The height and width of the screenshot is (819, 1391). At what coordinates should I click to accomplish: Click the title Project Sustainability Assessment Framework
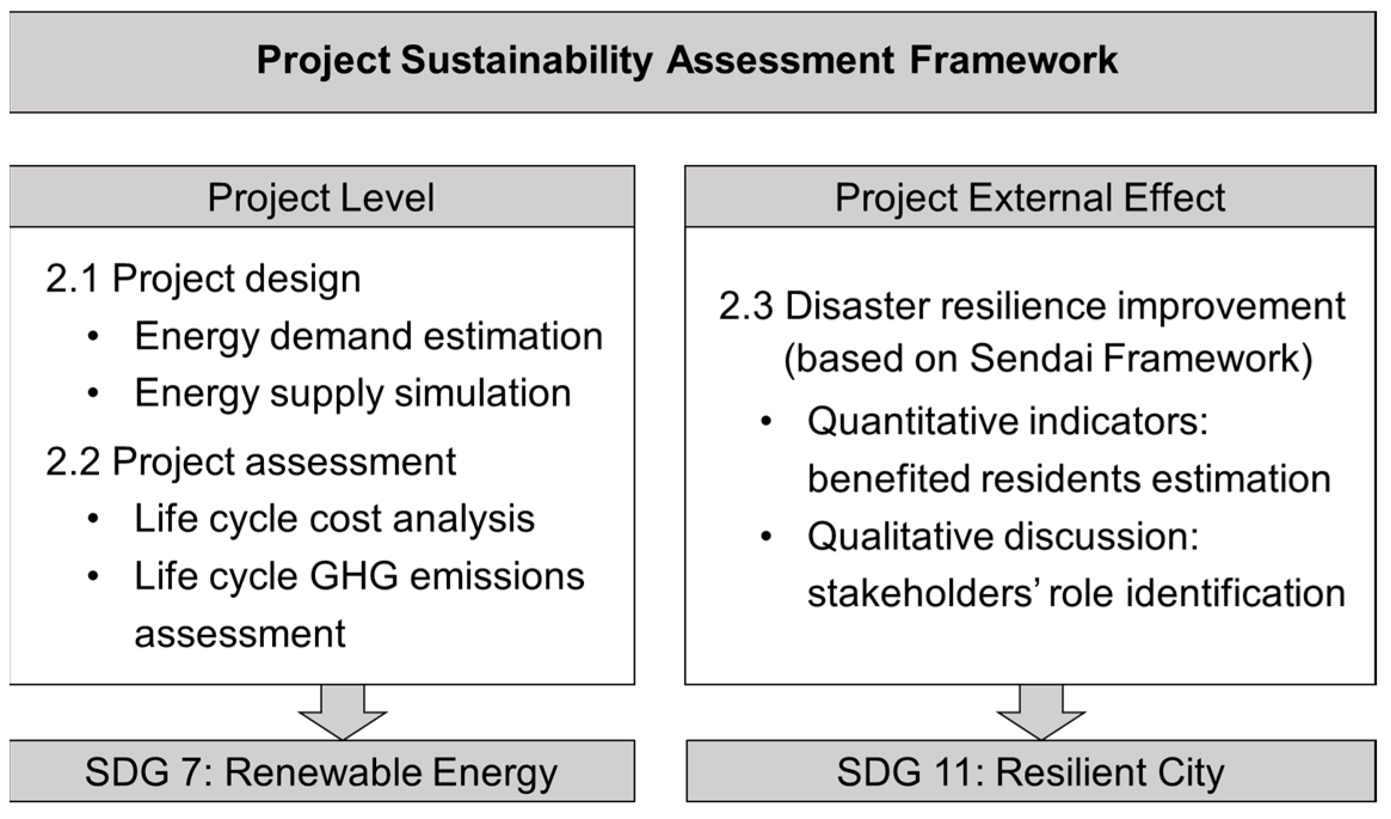point(687,61)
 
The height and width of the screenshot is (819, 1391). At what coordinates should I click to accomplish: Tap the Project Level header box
point(321,197)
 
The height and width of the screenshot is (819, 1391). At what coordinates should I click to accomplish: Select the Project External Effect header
point(1029,197)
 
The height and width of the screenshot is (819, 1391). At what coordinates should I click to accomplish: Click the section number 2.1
point(72,278)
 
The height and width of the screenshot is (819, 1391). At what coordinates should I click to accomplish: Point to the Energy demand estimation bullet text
point(368,336)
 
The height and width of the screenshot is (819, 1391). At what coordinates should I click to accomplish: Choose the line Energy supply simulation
point(352,393)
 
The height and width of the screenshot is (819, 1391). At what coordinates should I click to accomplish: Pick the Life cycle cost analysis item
point(334,519)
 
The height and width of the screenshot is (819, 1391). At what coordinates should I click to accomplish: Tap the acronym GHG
point(353,576)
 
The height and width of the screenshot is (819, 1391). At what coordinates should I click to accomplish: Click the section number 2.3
point(745,306)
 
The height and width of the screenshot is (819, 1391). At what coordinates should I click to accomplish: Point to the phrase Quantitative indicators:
point(1008,421)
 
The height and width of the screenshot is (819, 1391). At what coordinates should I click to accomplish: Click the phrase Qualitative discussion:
point(1003,536)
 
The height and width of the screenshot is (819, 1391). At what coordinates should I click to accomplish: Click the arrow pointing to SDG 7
point(343,712)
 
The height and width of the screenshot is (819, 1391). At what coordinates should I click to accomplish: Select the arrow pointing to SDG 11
point(1041,712)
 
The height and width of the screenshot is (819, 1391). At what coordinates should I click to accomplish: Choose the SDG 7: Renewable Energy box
point(321,772)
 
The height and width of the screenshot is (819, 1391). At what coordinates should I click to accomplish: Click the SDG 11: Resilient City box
point(1030,772)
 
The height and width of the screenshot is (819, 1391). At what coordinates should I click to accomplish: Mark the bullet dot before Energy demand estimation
point(93,336)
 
